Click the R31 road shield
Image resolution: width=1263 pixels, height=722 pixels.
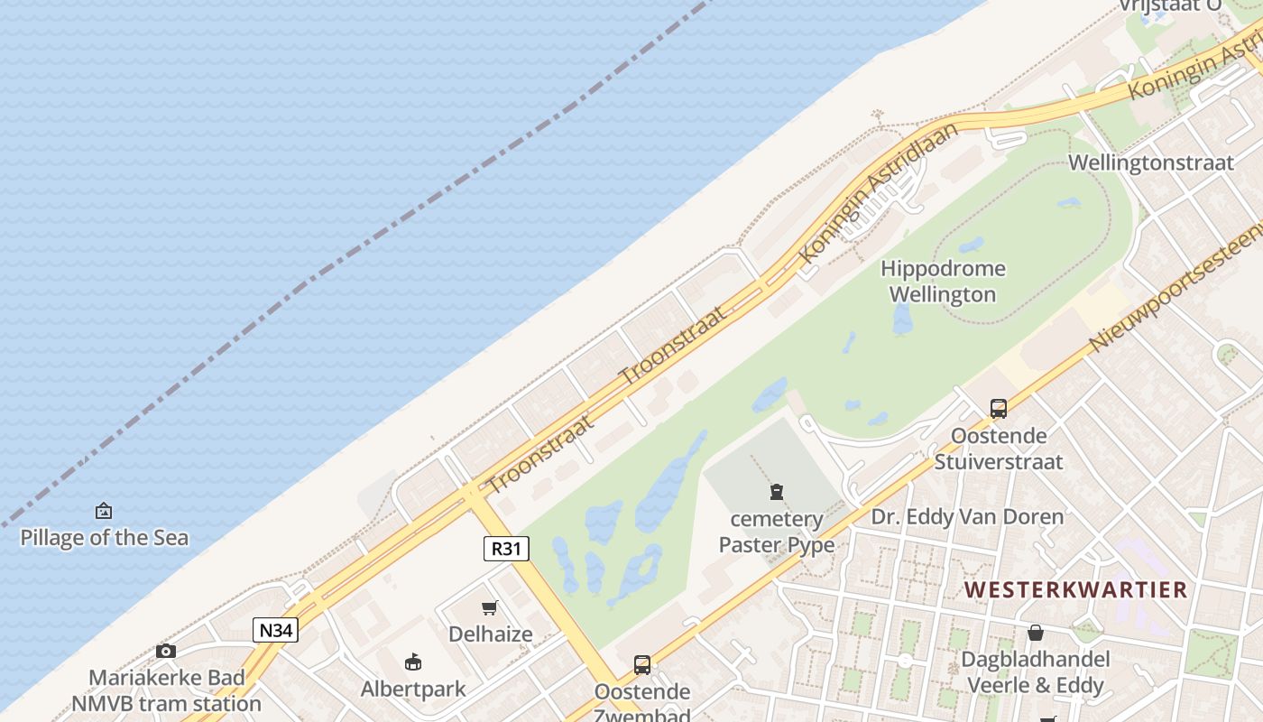tap(506, 548)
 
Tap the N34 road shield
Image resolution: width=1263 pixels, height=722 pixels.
tap(275, 630)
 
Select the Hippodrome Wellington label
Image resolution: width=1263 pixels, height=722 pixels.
tap(943, 282)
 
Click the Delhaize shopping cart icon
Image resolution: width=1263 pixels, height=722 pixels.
tap(490, 607)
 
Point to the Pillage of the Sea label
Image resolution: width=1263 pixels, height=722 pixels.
tap(105, 538)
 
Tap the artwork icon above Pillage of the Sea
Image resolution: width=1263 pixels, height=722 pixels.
tap(104, 512)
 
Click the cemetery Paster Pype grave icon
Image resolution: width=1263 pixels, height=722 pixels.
tap(776, 492)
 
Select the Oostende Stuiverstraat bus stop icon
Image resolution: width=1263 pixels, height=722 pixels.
tap(999, 408)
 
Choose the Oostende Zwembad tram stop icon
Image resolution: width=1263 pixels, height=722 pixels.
tap(642, 665)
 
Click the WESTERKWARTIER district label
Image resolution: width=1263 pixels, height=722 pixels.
tap(1075, 590)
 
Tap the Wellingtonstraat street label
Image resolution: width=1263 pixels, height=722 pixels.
tap(1150, 163)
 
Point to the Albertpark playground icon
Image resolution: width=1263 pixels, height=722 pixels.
tap(413, 662)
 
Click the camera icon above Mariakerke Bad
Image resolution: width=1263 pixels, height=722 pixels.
tap(166, 651)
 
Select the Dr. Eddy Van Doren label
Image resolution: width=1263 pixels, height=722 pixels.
tap(967, 517)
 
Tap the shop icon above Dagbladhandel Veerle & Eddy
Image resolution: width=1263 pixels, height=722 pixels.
tap(1036, 633)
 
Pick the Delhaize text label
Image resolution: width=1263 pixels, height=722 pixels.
tap(491, 634)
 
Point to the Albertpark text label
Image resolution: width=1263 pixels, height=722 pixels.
tap(413, 690)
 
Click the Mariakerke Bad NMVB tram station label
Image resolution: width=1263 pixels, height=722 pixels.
tap(166, 690)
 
